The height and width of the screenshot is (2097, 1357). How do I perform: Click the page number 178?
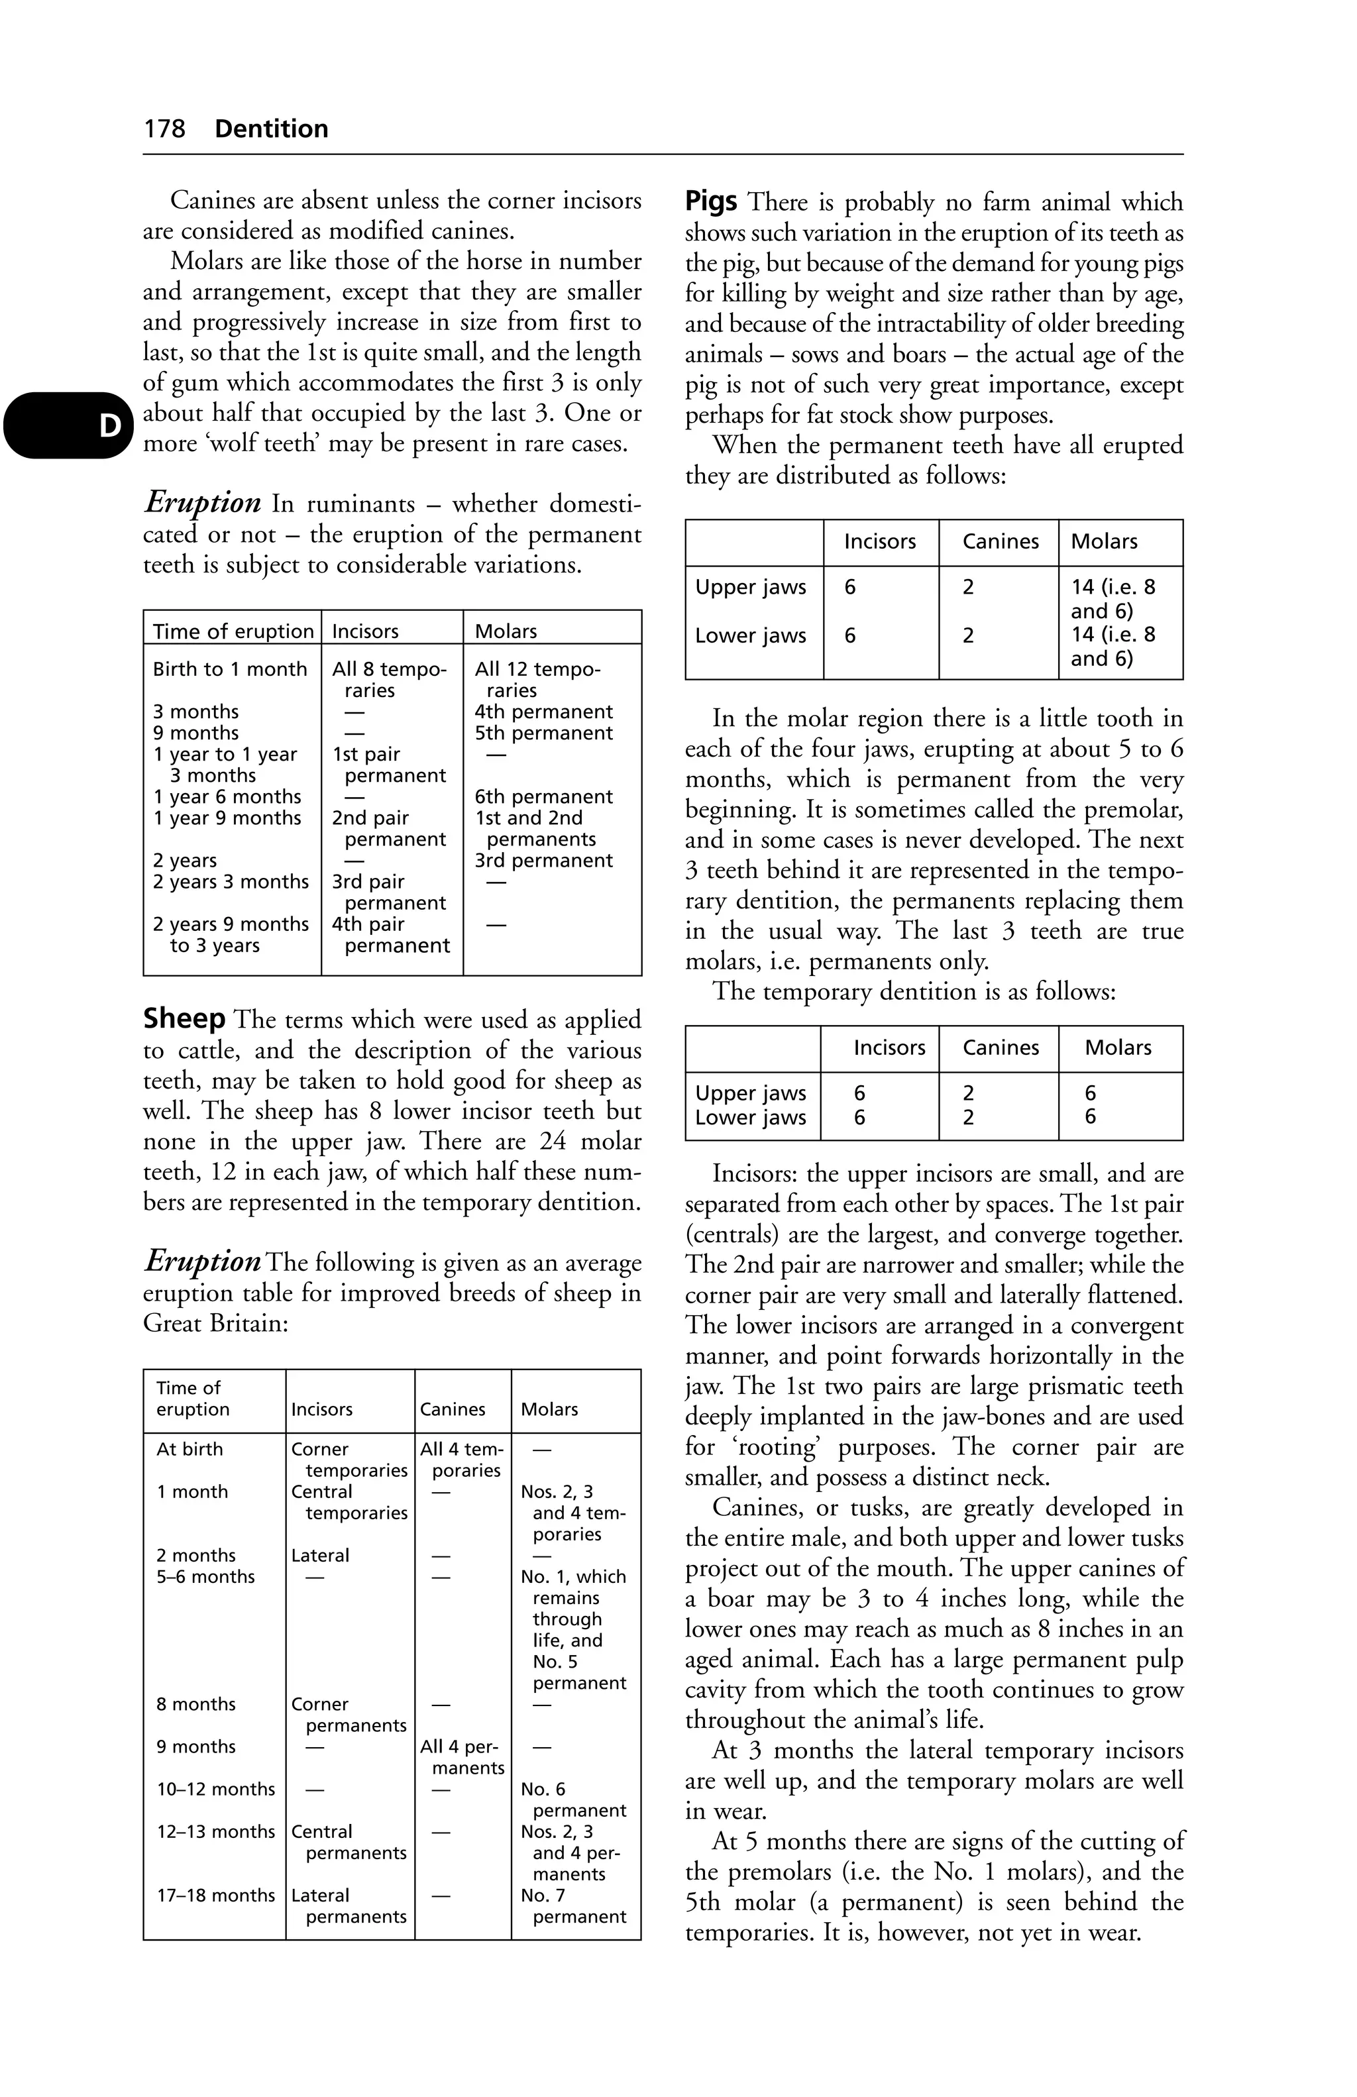(x=165, y=129)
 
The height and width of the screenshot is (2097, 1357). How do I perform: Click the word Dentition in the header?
(x=272, y=129)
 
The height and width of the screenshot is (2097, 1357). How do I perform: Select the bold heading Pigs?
(x=711, y=202)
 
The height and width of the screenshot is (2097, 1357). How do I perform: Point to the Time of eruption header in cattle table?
(x=233, y=631)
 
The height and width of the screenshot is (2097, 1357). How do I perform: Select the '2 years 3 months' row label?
(x=230, y=882)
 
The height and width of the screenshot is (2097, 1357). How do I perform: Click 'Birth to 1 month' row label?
(x=229, y=670)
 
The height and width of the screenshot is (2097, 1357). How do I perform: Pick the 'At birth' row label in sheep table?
(x=190, y=1450)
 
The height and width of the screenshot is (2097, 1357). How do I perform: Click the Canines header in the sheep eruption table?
(x=452, y=1410)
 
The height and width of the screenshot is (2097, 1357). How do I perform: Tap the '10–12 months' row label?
(x=216, y=1790)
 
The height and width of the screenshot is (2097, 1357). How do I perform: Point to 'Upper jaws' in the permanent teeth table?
(x=750, y=588)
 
